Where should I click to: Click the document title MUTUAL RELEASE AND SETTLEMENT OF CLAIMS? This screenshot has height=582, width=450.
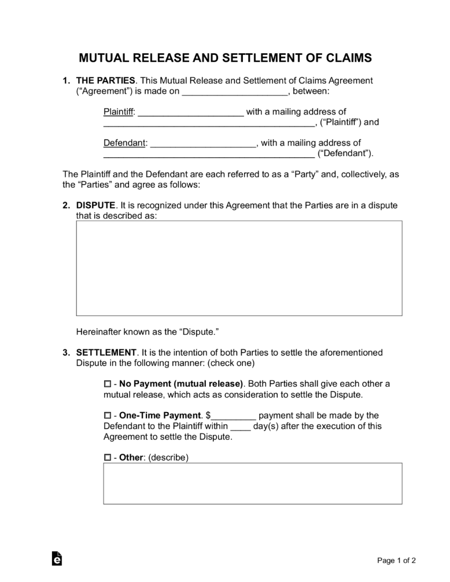[x=225, y=58]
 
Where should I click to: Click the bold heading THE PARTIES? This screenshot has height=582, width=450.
[x=106, y=80]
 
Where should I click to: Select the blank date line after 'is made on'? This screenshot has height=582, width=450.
[x=235, y=91]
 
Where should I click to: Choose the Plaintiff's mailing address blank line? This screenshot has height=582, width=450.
[x=209, y=123]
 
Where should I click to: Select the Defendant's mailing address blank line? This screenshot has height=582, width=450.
[x=209, y=154]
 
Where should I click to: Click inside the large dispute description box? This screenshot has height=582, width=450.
[x=239, y=268]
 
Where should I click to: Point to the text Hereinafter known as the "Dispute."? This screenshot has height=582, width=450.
[x=147, y=332]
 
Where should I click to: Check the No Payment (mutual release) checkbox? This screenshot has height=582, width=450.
[x=107, y=384]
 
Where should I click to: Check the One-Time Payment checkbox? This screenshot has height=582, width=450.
[x=107, y=416]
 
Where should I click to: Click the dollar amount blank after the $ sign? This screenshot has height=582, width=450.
[x=234, y=416]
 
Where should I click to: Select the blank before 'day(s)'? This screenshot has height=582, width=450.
[x=241, y=427]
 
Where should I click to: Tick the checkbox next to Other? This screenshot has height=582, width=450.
[x=107, y=457]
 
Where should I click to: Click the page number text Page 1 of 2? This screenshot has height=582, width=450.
[x=396, y=560]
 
